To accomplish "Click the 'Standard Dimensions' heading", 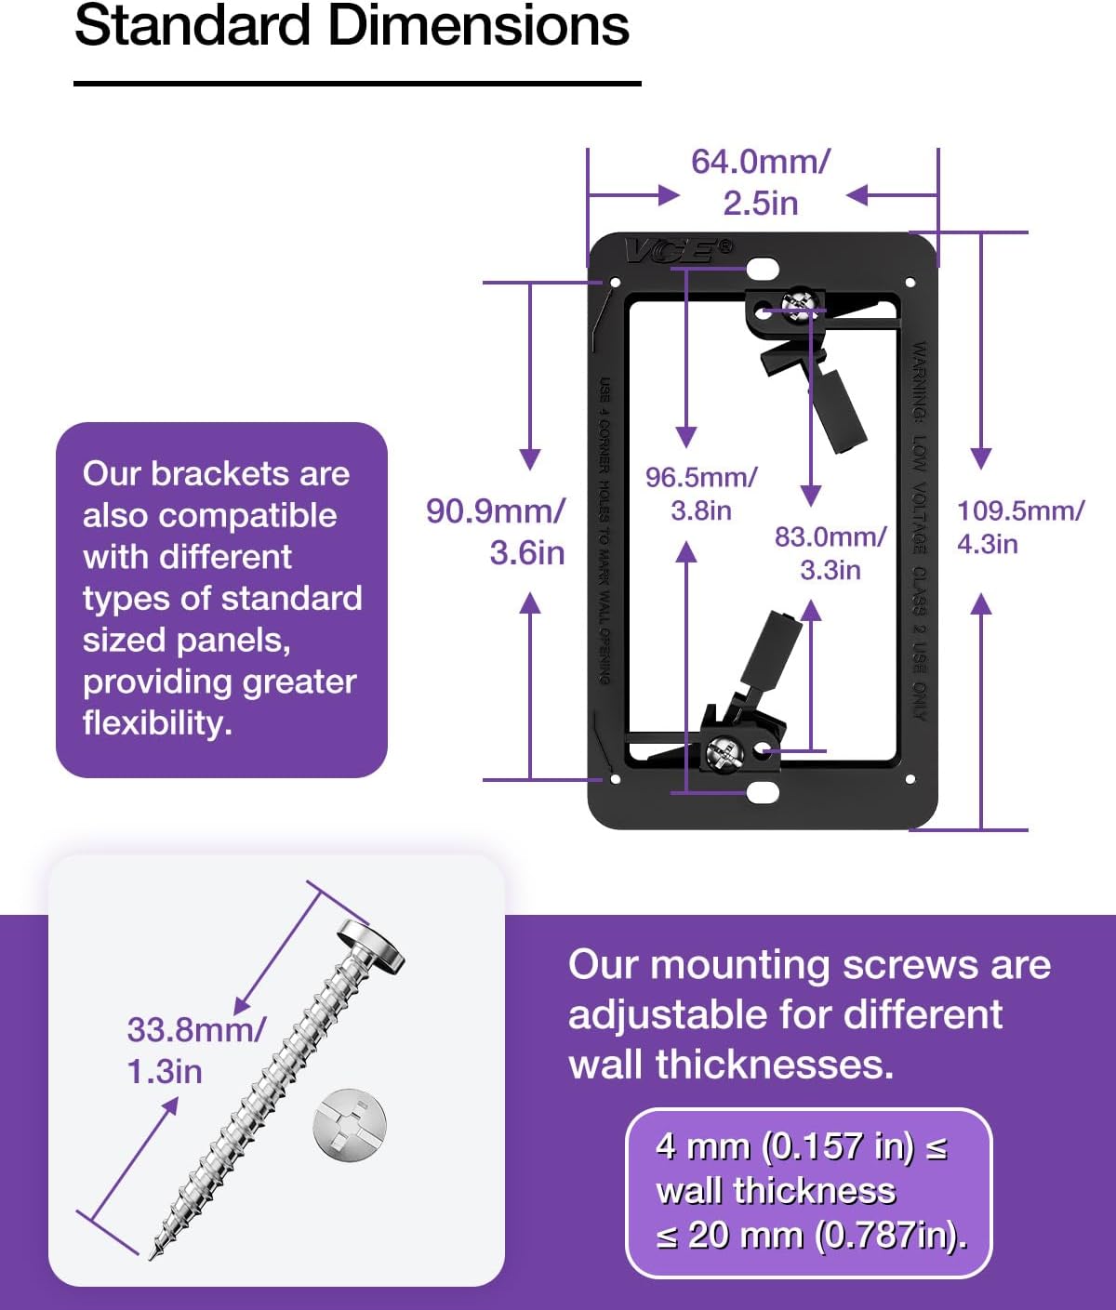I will click(x=352, y=26).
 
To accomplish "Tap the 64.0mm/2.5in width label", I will click(x=760, y=182).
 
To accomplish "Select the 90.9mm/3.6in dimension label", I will click(x=496, y=532).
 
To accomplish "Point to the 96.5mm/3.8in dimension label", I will click(x=701, y=494).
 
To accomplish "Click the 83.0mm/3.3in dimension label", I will click(x=830, y=553).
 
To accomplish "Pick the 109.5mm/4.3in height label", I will click(x=1020, y=526).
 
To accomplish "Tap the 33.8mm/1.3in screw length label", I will click(x=195, y=1051).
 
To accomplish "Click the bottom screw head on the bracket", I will click(x=723, y=751).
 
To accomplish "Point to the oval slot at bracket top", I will click(x=762, y=269).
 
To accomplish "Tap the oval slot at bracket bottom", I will click(x=762, y=793).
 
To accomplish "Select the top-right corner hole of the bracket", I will click(x=910, y=282).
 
